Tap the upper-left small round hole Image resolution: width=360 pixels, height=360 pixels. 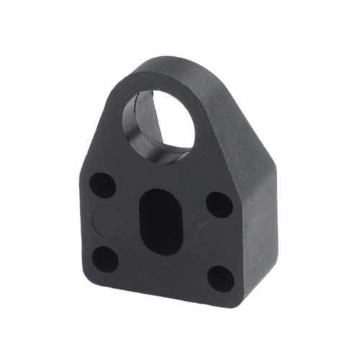point(102,185)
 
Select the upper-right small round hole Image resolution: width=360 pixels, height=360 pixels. point(220,204)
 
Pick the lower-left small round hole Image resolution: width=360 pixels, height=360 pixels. point(106,258)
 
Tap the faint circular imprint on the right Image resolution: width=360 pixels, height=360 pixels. point(215,240)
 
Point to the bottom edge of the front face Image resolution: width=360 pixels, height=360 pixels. point(158,289)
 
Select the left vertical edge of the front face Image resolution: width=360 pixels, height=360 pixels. point(78,216)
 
